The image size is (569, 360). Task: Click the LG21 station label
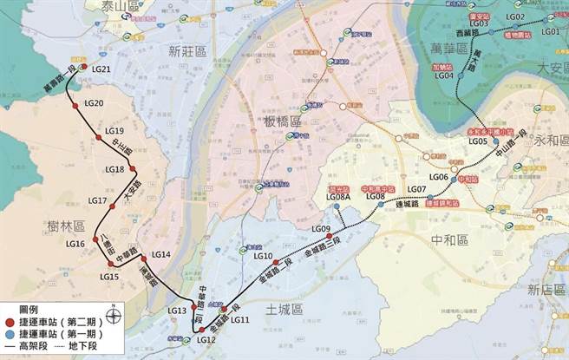click(x=101, y=69)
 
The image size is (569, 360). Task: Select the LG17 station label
click(x=98, y=201)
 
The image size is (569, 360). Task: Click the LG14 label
click(x=160, y=255)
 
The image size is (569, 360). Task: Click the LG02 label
click(x=514, y=17)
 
